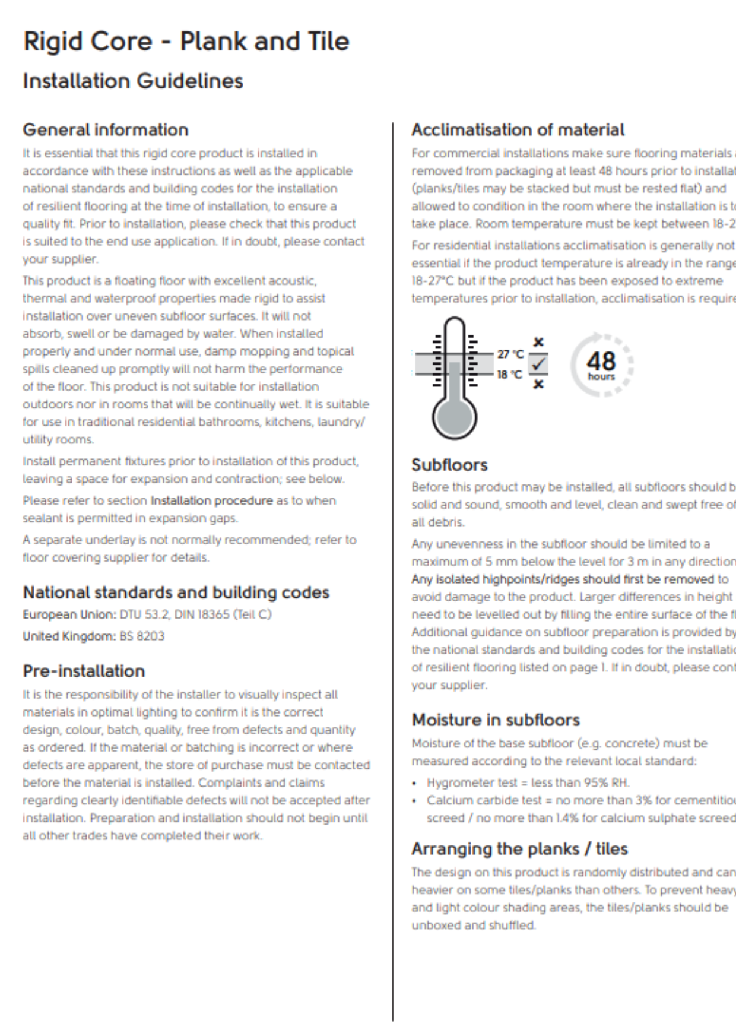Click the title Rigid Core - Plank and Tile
(186, 42)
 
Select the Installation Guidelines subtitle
(133, 81)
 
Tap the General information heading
(106, 130)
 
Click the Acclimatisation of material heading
(518, 130)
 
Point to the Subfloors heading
(449, 465)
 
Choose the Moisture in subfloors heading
(496, 720)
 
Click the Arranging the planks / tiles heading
(519, 849)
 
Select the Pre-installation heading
(84, 671)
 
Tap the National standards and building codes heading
(176, 592)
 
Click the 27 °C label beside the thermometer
(510, 354)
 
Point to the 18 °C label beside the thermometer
(510, 375)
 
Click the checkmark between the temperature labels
(538, 364)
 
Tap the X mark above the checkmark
(538, 343)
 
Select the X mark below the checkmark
(538, 385)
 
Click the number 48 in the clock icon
(601, 361)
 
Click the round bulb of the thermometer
(455, 416)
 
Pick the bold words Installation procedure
(212, 500)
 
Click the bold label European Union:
(69, 614)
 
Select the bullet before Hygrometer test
(414, 783)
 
